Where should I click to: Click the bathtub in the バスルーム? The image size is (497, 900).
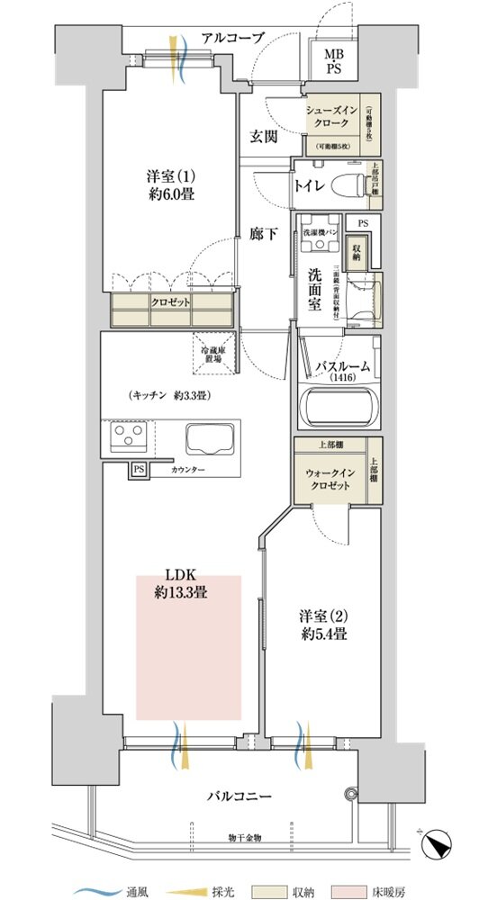click(x=339, y=407)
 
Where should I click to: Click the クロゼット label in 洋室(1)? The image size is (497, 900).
click(x=170, y=302)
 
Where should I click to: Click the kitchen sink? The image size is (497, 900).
click(x=212, y=440)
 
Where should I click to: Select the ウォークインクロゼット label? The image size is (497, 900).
click(x=330, y=481)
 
